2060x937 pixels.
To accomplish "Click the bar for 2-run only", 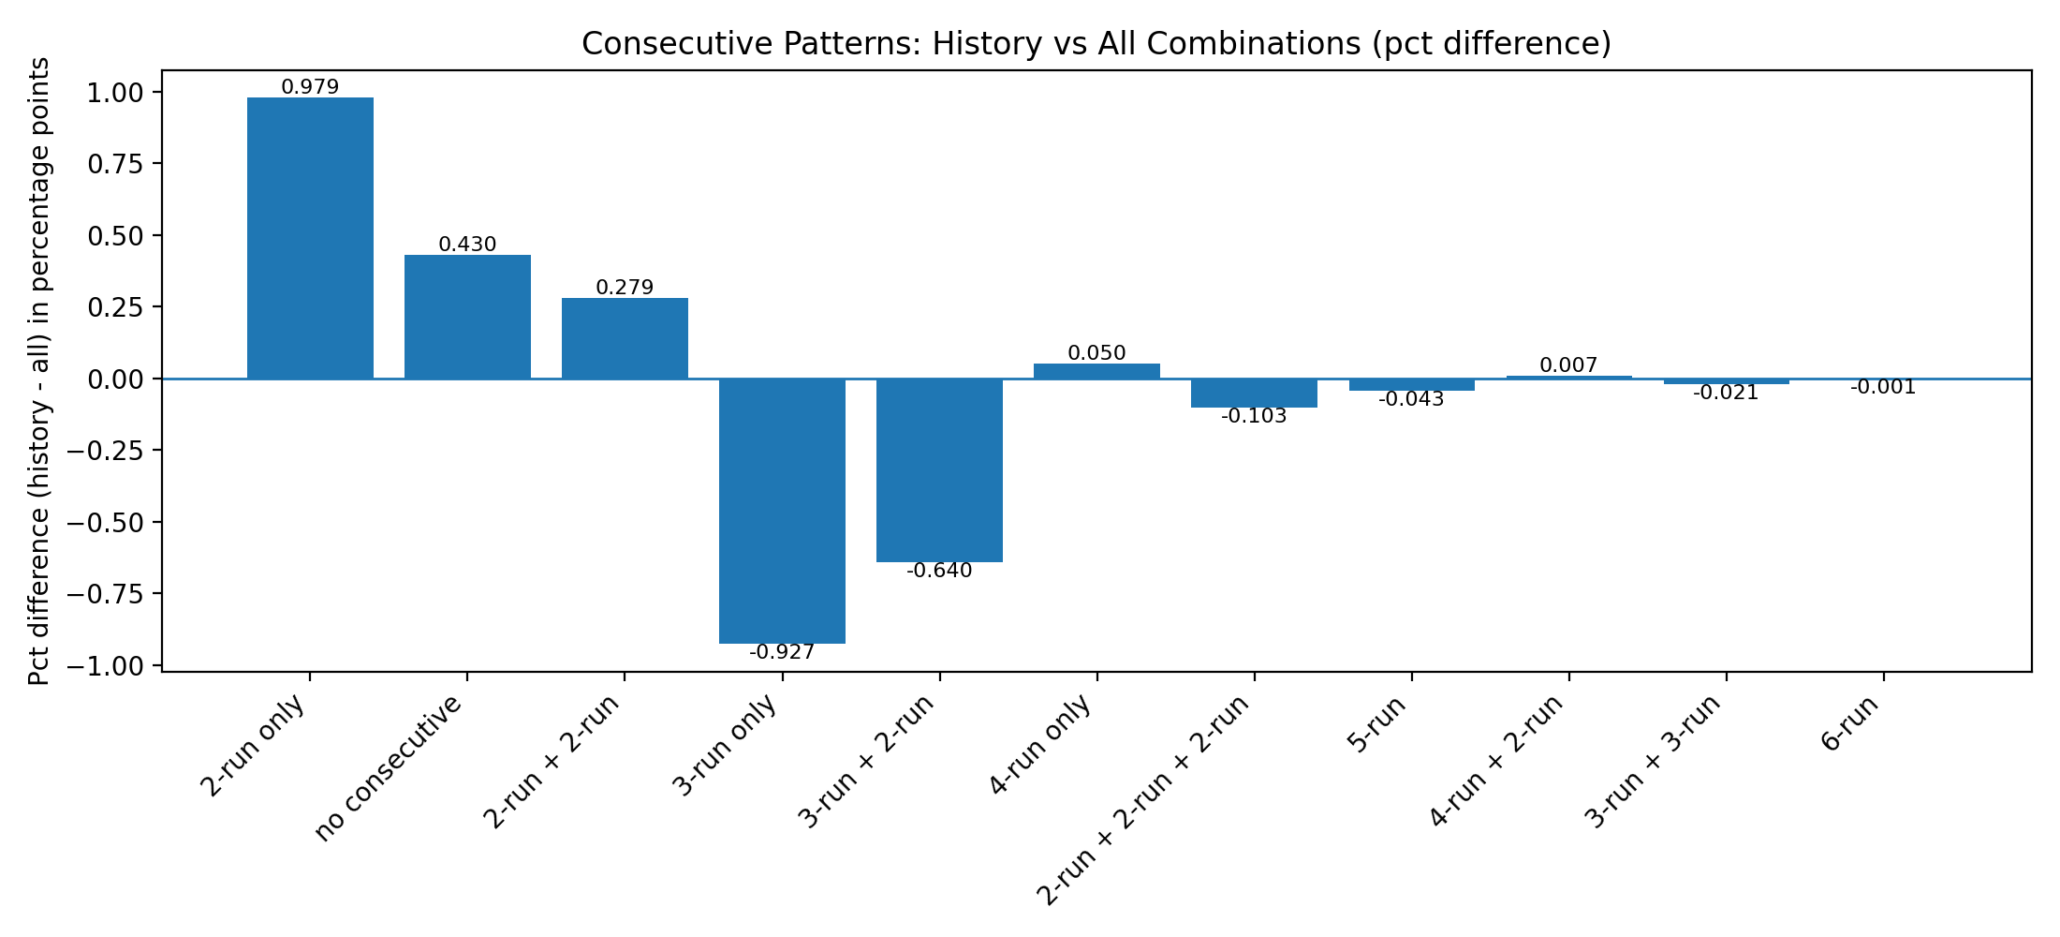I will (310, 238).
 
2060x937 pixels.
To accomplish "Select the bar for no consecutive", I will (467, 317).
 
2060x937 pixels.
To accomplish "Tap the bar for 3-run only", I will (782, 511).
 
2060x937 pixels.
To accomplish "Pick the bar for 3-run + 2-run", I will (939, 469).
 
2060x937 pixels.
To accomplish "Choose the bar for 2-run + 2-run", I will (625, 338).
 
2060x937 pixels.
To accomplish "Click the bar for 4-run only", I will (1096, 371).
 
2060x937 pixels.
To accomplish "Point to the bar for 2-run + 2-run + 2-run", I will (1254, 393).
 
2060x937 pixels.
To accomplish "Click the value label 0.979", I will (310, 87).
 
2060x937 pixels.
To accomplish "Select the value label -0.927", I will (782, 652).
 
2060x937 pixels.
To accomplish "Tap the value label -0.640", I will (939, 571).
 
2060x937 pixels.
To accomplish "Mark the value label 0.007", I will (1568, 365).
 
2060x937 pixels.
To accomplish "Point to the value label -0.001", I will (1883, 387).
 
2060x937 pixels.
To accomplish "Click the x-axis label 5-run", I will (1378, 725).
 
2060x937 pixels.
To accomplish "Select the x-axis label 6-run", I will (1850, 725).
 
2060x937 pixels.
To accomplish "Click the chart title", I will (1096, 44).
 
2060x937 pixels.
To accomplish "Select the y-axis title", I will (38, 371).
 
